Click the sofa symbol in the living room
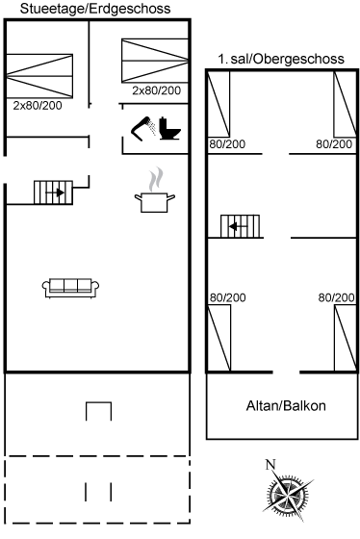70,288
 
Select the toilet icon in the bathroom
169,129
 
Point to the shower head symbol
142,129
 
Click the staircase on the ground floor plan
53,192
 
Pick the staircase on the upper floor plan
240,226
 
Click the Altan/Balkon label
286,406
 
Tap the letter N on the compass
270,465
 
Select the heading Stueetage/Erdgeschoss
95,9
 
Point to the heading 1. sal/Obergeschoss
281,59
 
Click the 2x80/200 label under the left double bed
38,106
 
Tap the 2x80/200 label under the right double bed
157,90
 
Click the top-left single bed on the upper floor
219,104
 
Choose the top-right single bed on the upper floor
345,104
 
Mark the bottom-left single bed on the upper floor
219,338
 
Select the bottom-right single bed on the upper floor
346,338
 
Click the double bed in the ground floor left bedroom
39,76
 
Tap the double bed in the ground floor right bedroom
155,61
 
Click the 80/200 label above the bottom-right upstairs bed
336,297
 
